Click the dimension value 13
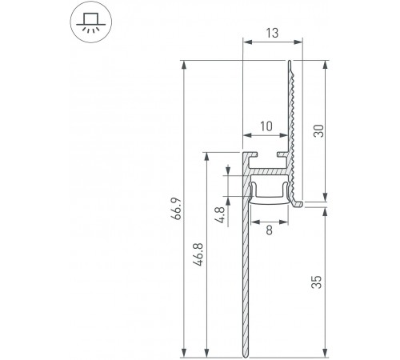(273, 33)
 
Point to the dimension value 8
(268, 230)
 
